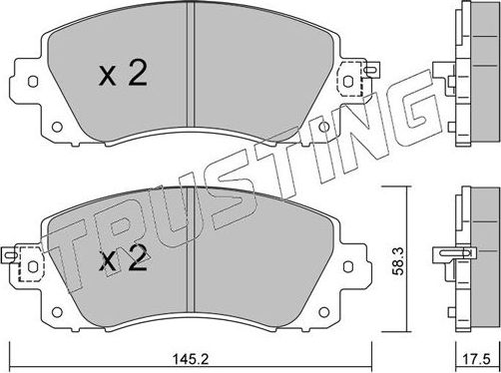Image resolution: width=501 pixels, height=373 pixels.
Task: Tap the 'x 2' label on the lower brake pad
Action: click(124, 261)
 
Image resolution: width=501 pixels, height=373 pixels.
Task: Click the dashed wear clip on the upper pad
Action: click(351, 77)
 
